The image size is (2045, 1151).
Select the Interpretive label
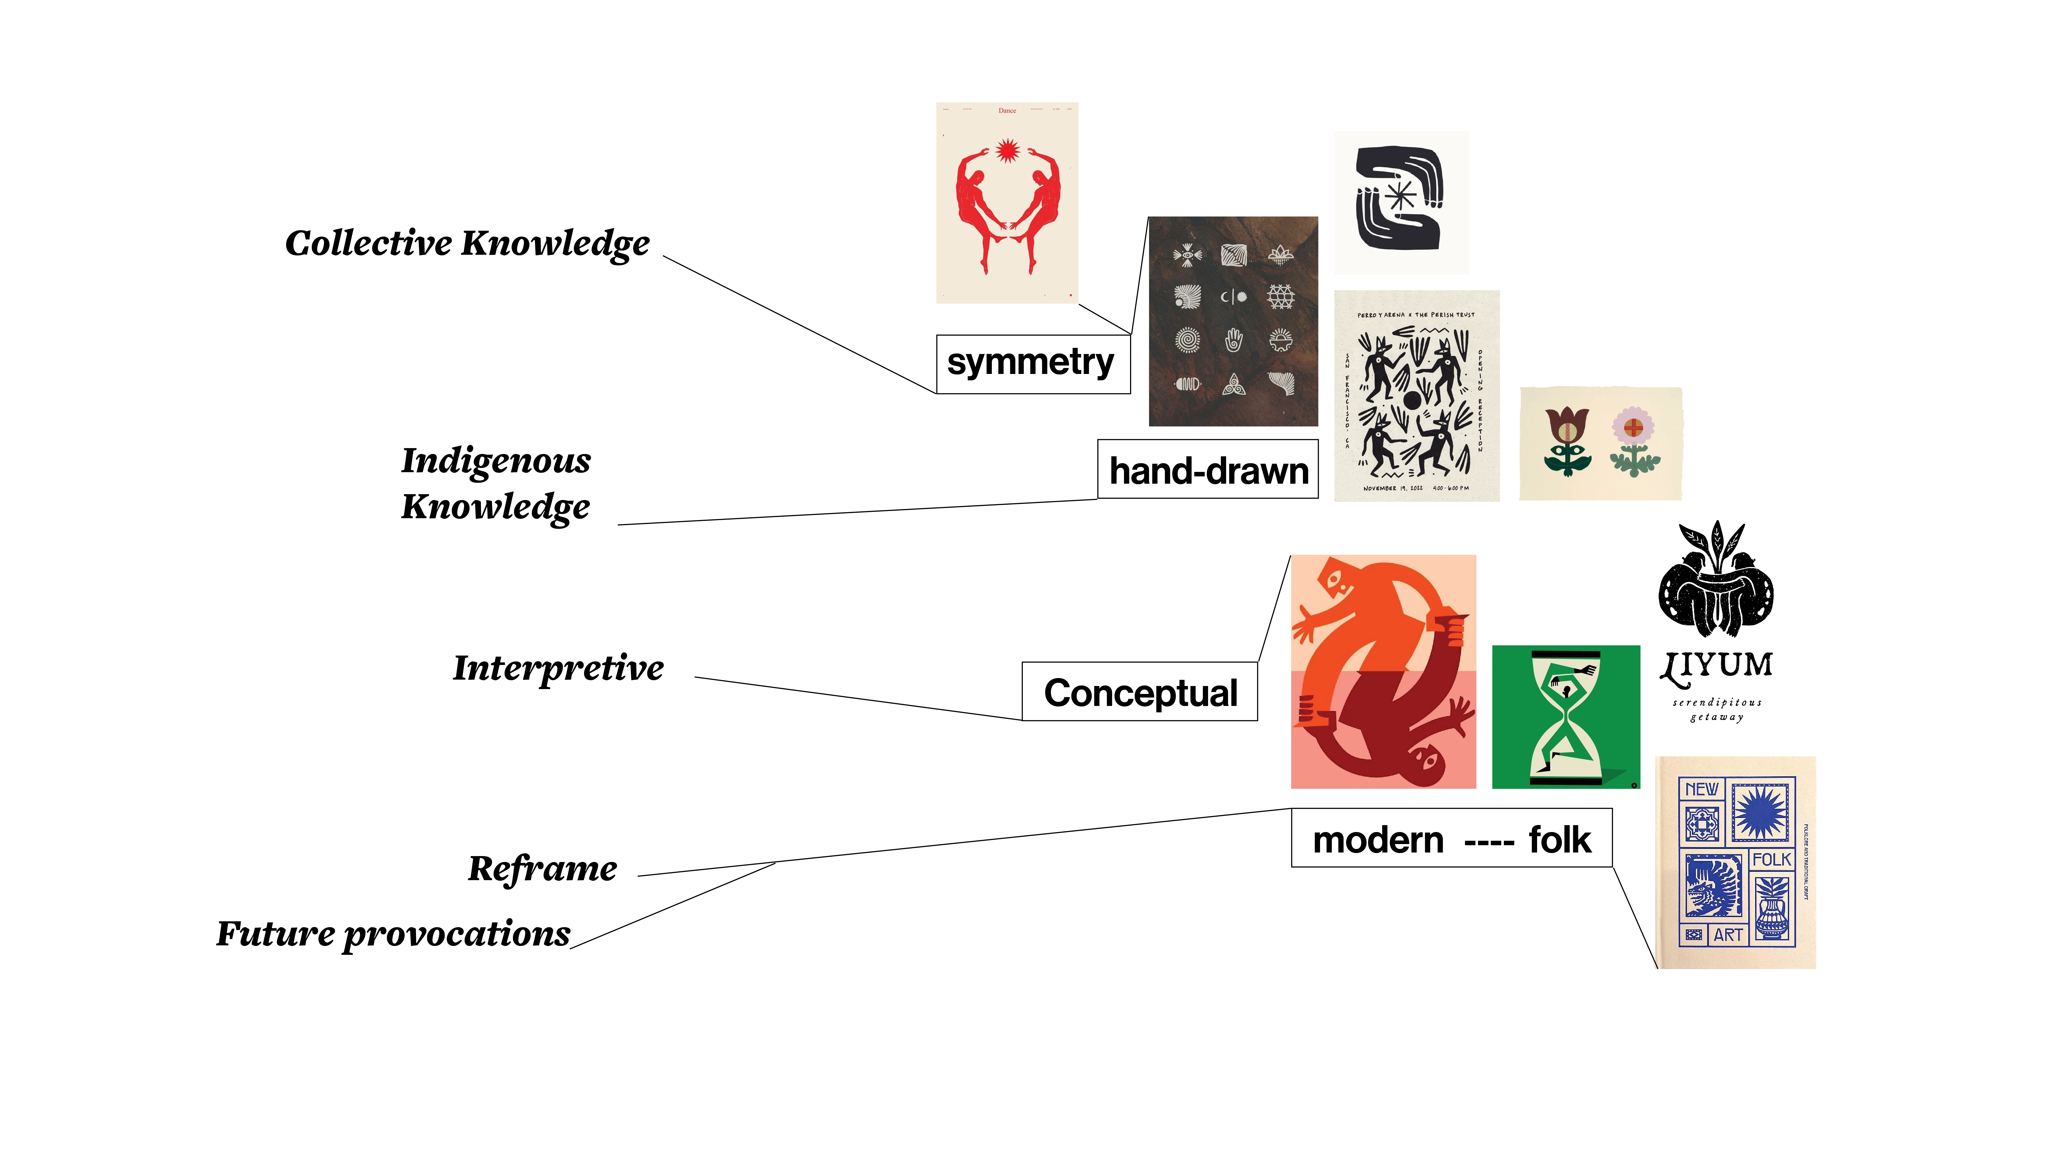click(x=558, y=668)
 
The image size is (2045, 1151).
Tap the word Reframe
click(x=542, y=868)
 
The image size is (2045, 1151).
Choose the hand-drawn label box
click(x=1208, y=469)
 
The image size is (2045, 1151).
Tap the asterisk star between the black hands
click(x=1400, y=196)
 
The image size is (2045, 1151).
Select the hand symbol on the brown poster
click(x=1233, y=340)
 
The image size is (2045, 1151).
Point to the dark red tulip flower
click(x=1567, y=425)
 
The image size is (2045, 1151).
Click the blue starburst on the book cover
click(x=1762, y=811)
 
